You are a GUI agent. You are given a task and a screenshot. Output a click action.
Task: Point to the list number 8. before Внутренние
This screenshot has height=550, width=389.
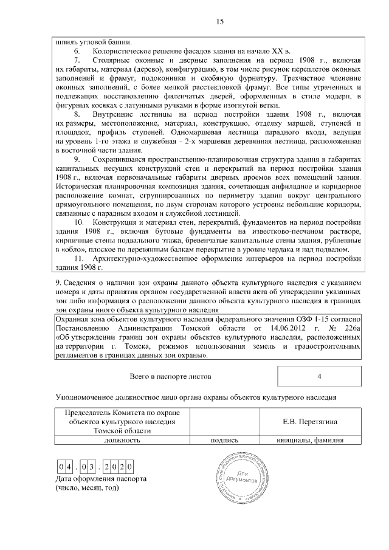(x=78, y=114)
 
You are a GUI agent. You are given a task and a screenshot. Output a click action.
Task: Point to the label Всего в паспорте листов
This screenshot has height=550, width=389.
(x=170, y=376)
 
